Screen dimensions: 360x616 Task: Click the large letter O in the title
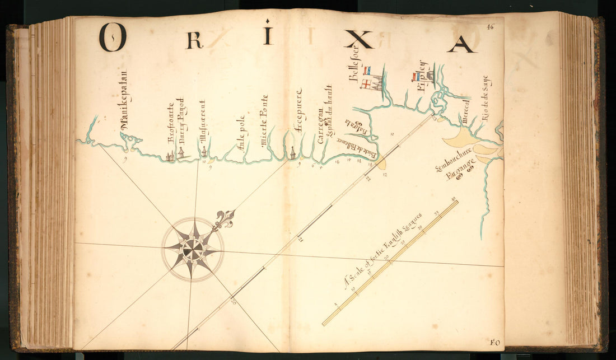tap(113, 37)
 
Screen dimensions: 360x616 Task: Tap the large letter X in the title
tap(358, 39)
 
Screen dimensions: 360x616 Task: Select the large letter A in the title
tap(461, 43)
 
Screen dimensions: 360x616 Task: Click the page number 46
tap(491, 26)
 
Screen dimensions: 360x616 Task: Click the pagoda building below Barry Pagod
tap(181, 153)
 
